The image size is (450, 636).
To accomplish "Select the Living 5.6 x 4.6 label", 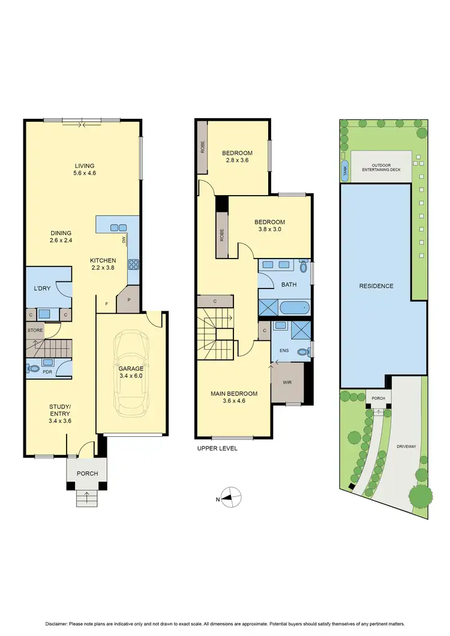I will [x=85, y=170].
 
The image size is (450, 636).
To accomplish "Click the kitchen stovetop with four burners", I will [x=134, y=263].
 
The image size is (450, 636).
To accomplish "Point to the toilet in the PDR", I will [x=34, y=368].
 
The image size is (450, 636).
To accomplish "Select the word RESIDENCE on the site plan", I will [x=376, y=286].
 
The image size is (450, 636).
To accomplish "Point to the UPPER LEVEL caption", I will [x=217, y=448].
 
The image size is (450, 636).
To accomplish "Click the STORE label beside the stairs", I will [x=34, y=330].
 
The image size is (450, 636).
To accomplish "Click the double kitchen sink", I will [x=118, y=227].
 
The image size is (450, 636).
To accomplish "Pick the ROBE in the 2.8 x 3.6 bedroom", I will [x=203, y=147].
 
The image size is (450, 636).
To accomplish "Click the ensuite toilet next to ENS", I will [x=309, y=350].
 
